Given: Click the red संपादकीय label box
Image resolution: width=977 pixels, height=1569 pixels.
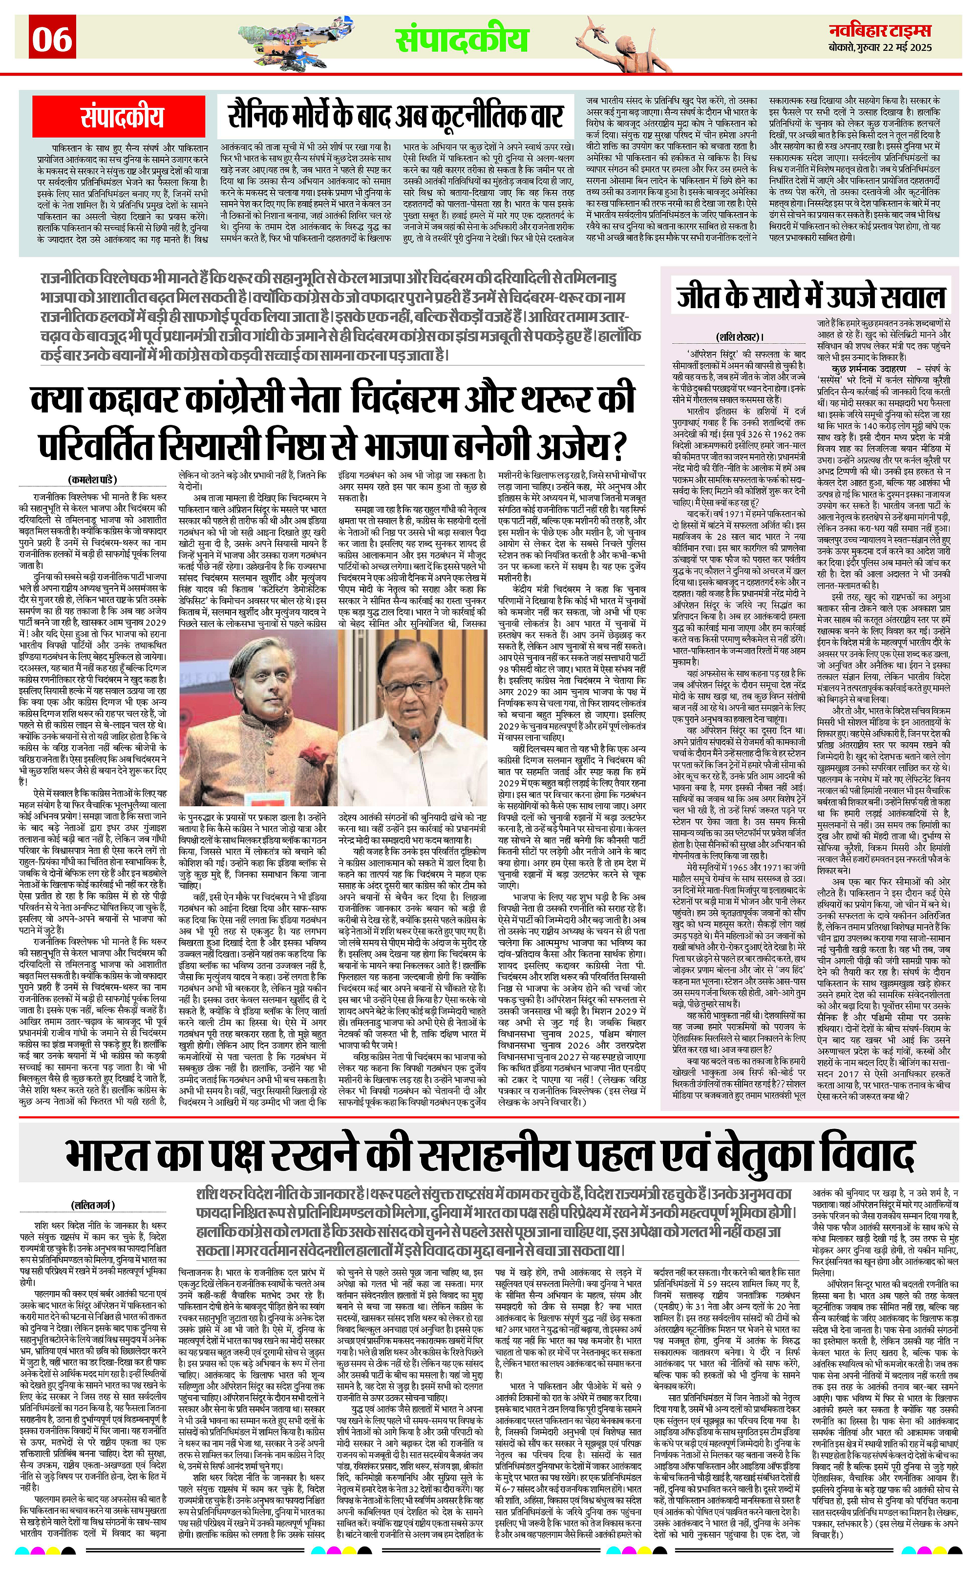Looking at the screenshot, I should pos(122,117).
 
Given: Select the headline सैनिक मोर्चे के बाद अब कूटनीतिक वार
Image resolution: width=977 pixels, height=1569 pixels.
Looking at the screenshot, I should pos(396,116).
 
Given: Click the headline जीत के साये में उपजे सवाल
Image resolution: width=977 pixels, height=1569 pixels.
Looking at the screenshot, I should pos(811,298).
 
